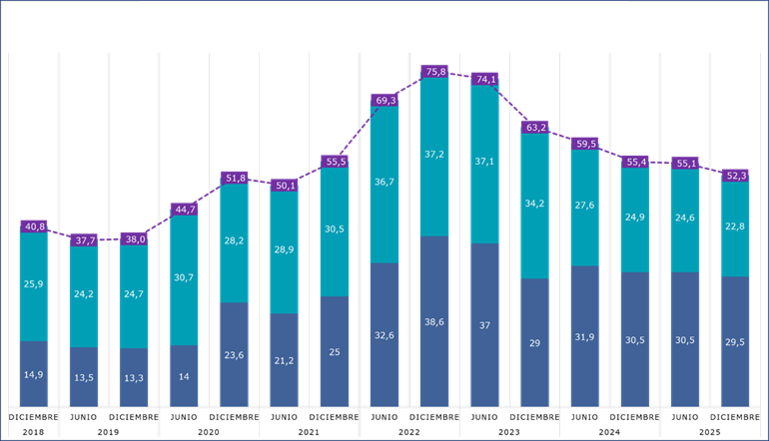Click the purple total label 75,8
[435, 72]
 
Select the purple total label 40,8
[35, 226]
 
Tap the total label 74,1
[485, 79]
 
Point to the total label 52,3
[735, 175]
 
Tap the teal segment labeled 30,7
[185, 280]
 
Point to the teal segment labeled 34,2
[535, 206]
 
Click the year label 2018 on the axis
[35, 431]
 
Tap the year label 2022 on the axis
[409, 431]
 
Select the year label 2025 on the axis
[710, 431]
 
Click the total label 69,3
[385, 100]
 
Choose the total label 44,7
[185, 210]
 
